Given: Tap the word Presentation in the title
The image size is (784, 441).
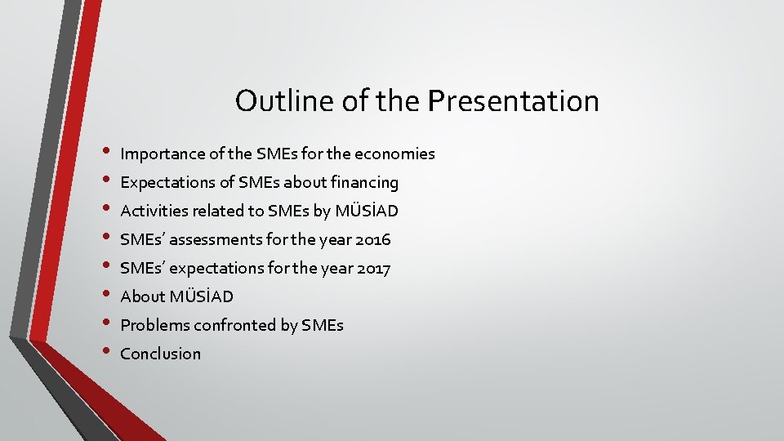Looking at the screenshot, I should (514, 101).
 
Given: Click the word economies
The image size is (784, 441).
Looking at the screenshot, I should (395, 154).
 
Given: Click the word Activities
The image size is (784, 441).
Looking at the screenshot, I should (154, 211).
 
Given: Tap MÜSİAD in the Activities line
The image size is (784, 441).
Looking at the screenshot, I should (367, 211).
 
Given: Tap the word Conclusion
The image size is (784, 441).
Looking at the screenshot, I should (160, 354).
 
